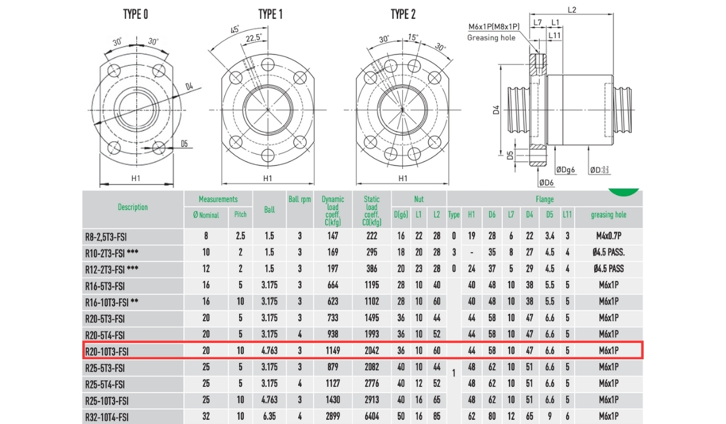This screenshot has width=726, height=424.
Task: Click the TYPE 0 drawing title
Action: tap(136, 15)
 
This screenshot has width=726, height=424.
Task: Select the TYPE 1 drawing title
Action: tap(270, 15)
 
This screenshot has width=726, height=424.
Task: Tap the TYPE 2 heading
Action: tap(403, 15)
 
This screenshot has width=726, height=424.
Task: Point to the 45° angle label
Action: tap(235, 29)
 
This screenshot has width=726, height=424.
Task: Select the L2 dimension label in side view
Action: tap(572, 9)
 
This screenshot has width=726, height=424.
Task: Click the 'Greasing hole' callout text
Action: tap(491, 38)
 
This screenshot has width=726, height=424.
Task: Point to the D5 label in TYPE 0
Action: tap(185, 144)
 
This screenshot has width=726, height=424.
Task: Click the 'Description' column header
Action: tap(132, 207)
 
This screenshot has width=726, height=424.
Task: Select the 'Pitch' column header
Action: tap(240, 214)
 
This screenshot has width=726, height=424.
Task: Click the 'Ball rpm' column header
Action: tap(299, 199)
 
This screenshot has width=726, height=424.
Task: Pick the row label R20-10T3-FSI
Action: tap(107, 351)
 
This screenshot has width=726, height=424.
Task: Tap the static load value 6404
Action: tap(371, 417)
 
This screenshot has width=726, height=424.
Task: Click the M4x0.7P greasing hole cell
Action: tap(609, 236)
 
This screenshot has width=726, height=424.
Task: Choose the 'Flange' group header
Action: tap(544, 199)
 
